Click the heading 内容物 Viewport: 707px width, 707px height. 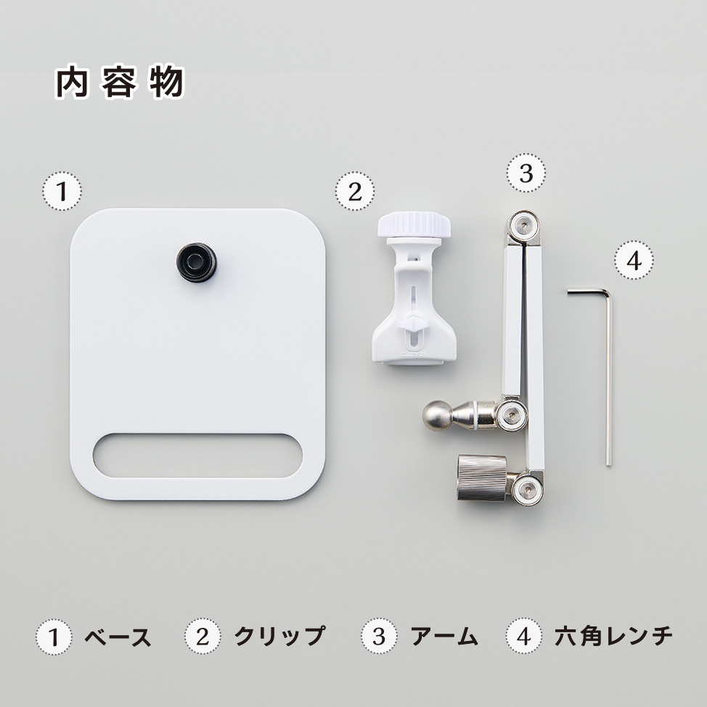pos(120,82)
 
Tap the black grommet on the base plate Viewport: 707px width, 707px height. pos(196,262)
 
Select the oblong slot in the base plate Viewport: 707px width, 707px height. pos(197,455)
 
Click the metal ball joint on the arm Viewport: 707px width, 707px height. pos(436,415)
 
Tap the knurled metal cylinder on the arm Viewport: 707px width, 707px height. pos(482,478)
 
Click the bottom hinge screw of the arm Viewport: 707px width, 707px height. pos(528,489)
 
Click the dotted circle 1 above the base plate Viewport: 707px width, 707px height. pos(62,191)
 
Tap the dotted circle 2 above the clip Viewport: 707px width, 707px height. pos(355,191)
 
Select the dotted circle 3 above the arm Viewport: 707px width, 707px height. pos(526,173)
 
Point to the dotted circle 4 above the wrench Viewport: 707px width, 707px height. pos(634,260)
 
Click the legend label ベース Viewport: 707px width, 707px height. pos(118,637)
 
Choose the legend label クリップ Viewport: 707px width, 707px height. pos(279,636)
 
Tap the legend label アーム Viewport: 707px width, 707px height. pos(444,637)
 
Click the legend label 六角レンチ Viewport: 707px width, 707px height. pos(613,636)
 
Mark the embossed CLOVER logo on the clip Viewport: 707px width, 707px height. pos(414,354)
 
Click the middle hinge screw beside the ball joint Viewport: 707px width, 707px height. pos(512,414)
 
